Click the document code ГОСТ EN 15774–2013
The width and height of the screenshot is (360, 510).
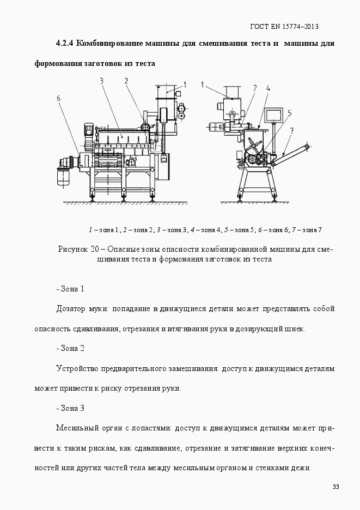284,26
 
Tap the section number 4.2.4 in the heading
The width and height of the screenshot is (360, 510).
65,43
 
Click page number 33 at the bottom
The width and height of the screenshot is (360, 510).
335,487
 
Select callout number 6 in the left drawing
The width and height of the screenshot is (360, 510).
59,98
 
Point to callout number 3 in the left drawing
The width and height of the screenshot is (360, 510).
102,81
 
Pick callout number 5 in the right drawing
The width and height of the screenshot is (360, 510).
289,113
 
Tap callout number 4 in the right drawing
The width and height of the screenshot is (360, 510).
268,87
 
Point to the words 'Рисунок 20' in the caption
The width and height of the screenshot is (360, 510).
78,249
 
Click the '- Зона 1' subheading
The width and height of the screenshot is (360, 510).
70,288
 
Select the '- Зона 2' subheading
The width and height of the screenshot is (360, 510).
70,348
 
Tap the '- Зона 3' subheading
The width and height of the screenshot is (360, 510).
70,408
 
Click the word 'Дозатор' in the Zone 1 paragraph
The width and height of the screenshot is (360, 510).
70,308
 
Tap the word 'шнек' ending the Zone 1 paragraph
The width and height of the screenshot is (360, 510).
297,329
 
